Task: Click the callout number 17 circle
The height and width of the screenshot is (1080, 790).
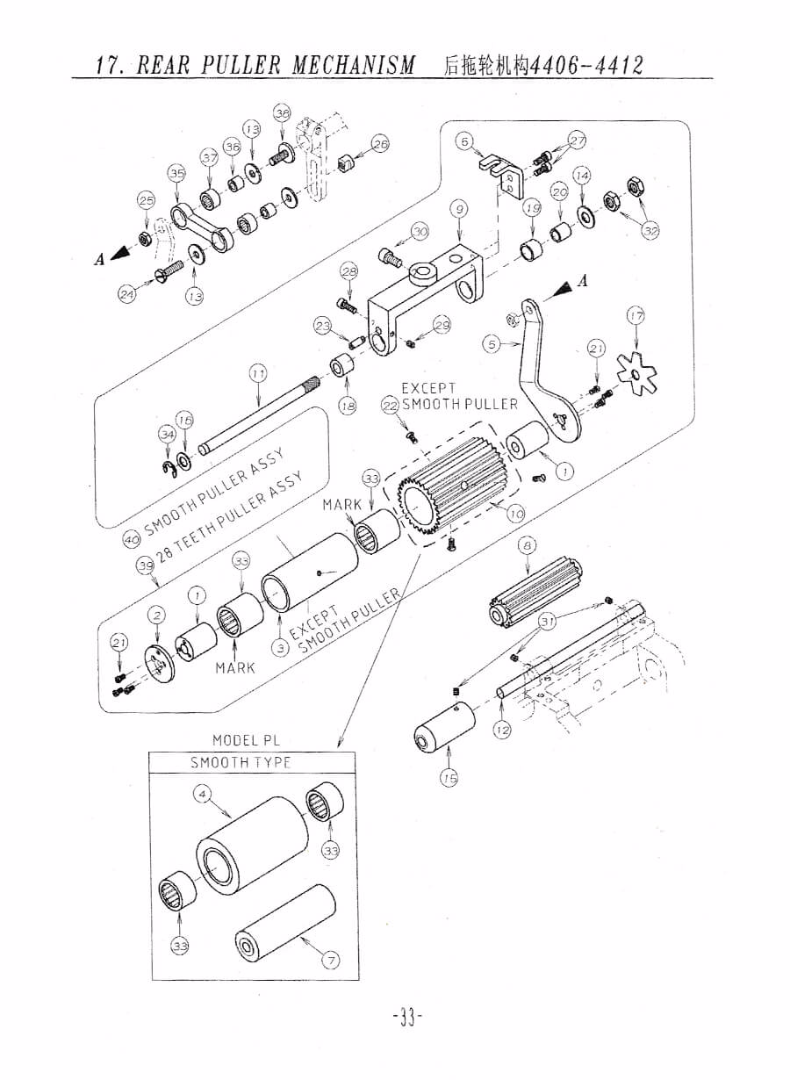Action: coord(636,315)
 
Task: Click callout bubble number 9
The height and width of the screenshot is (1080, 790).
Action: coord(459,209)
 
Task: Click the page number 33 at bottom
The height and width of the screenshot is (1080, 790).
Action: coord(406,1018)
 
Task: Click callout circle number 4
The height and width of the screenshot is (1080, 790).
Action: coord(202,794)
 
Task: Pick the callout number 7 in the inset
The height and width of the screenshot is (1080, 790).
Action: coord(331,960)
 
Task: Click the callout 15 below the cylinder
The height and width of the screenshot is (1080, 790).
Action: coord(449,777)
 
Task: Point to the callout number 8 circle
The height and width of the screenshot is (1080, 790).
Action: coord(527,545)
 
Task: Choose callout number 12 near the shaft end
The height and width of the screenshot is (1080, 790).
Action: coord(501,730)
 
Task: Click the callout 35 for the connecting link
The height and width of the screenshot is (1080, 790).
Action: coord(177,174)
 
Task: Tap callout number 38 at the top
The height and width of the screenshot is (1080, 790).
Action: coord(282,112)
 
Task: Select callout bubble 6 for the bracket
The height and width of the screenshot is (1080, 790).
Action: coord(464,140)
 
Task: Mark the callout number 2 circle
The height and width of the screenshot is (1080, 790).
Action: coord(157,615)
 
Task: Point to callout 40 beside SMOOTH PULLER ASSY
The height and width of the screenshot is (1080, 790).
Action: coord(131,538)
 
